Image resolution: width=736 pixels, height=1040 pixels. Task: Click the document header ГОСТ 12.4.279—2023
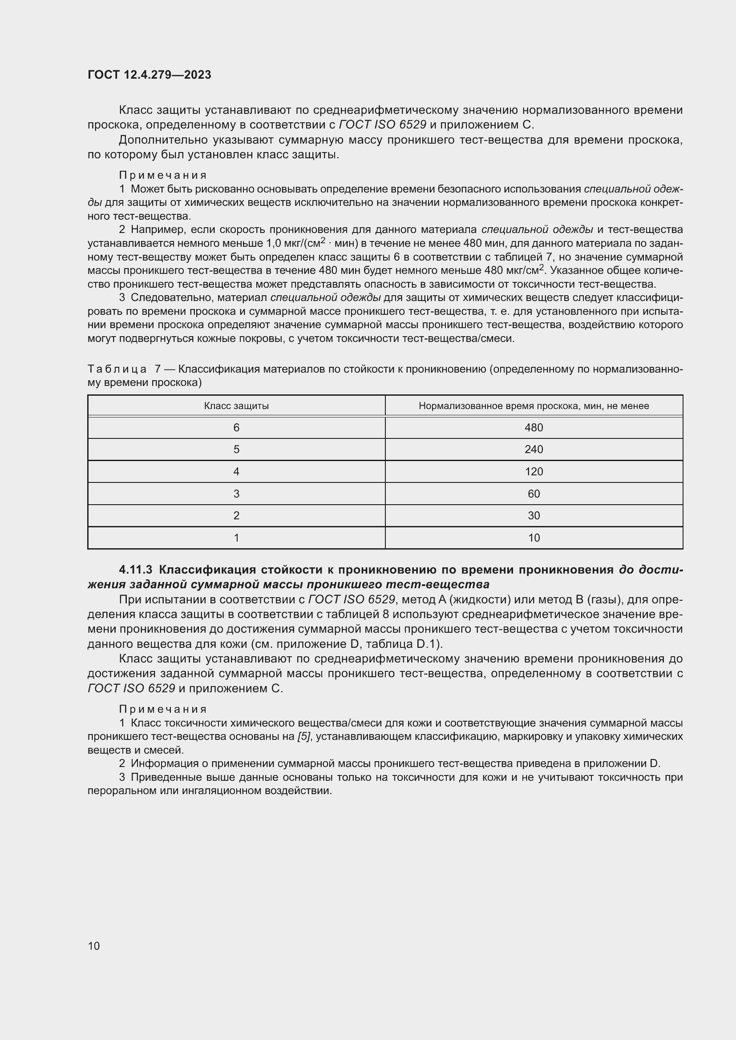(x=149, y=75)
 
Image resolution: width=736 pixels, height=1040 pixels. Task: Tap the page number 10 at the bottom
(x=94, y=946)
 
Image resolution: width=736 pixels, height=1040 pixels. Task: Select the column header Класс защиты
(x=236, y=406)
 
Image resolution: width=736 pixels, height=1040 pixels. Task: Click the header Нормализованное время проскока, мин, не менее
(x=534, y=406)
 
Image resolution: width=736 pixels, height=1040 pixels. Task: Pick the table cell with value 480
(x=534, y=428)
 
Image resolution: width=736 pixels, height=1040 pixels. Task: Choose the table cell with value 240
(x=534, y=450)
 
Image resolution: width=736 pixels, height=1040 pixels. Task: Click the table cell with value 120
(x=534, y=471)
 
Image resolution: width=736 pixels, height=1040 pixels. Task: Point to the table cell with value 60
(x=534, y=494)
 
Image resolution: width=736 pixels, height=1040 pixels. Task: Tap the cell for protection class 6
(x=236, y=428)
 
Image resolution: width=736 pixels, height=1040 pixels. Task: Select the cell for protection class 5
(x=236, y=450)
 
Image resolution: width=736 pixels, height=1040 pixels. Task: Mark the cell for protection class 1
(x=236, y=538)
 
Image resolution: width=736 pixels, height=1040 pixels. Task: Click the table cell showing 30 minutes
(x=534, y=515)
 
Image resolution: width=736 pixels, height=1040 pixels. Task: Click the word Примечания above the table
(x=163, y=175)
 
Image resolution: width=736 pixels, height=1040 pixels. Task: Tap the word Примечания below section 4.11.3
(x=163, y=709)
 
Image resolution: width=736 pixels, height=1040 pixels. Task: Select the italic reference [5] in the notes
(x=303, y=736)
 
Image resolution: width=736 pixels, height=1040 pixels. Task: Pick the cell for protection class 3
(x=236, y=494)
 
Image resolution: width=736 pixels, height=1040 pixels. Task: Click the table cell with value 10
(x=534, y=538)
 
